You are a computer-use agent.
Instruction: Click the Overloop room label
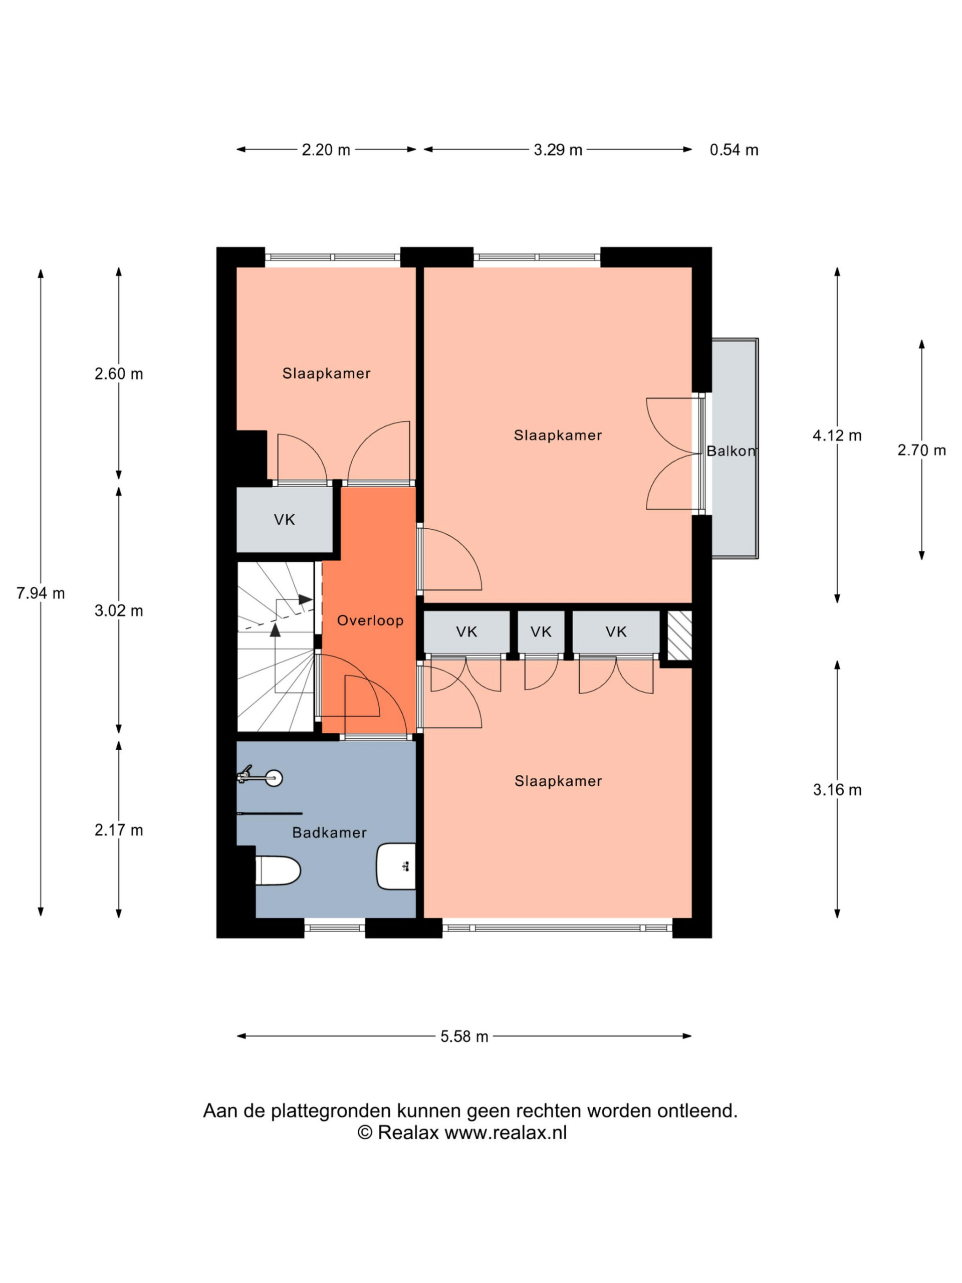370,620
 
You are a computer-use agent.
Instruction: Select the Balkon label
731,451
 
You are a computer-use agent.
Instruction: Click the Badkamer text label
329,832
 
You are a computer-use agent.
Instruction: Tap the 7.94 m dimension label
41,593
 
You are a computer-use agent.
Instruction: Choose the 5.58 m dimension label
464,1036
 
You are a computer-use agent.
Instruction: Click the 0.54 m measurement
734,150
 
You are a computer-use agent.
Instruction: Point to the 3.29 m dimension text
558,150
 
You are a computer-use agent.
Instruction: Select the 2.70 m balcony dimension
921,450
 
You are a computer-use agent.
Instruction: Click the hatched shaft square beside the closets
679,635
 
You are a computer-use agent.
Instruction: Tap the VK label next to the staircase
284,520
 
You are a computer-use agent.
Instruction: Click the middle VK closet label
541,631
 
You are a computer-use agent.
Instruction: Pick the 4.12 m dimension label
837,435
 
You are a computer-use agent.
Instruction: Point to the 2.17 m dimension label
119,830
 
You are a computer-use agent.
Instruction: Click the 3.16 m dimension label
837,789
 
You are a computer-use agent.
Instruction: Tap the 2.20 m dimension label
326,150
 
